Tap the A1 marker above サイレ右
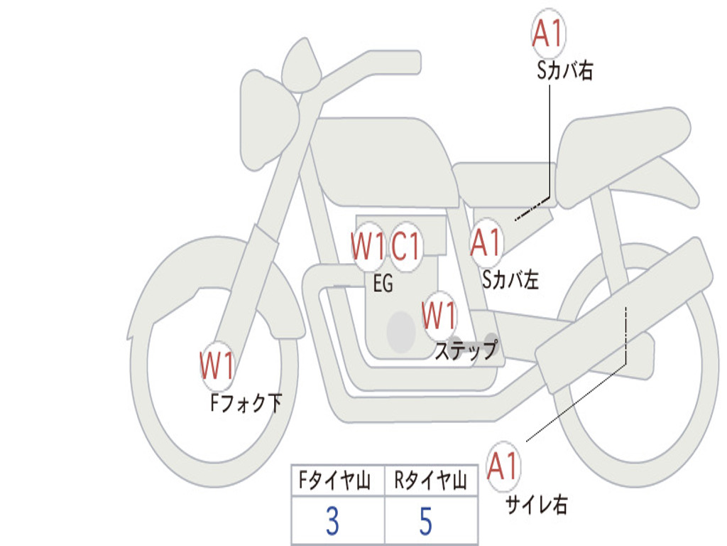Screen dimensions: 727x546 (x=503, y=466)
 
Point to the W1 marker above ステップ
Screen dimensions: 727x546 (x=439, y=315)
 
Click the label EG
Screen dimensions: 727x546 (x=383, y=284)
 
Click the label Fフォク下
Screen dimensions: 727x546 (x=246, y=404)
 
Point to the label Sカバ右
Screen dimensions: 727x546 (x=565, y=71)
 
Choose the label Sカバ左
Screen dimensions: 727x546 (x=510, y=280)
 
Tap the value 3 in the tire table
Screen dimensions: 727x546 (x=332, y=522)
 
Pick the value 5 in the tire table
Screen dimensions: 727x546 (x=426, y=522)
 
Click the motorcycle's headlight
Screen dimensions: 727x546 (x=268, y=121)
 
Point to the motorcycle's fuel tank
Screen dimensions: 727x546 (x=383, y=160)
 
